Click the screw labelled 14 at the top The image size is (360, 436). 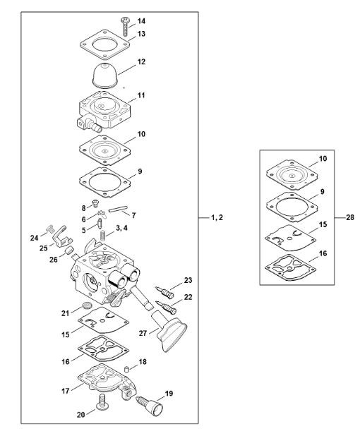[x=125, y=26]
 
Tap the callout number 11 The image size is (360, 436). [x=141, y=95]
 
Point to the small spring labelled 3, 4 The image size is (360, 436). [x=103, y=236]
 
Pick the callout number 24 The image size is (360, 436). [x=34, y=238]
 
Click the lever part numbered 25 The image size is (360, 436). [x=62, y=236]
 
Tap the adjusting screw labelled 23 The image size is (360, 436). [x=165, y=292]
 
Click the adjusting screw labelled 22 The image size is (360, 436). [x=166, y=306]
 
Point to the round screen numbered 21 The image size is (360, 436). [x=88, y=306]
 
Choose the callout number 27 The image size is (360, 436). [x=143, y=333]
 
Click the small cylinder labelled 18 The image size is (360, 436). [x=126, y=370]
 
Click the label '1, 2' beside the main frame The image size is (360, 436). [x=217, y=217]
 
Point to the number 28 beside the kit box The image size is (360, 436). [x=350, y=217]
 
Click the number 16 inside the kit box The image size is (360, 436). [x=323, y=253]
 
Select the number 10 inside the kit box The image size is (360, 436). [x=323, y=159]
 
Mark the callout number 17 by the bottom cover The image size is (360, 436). [x=66, y=391]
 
